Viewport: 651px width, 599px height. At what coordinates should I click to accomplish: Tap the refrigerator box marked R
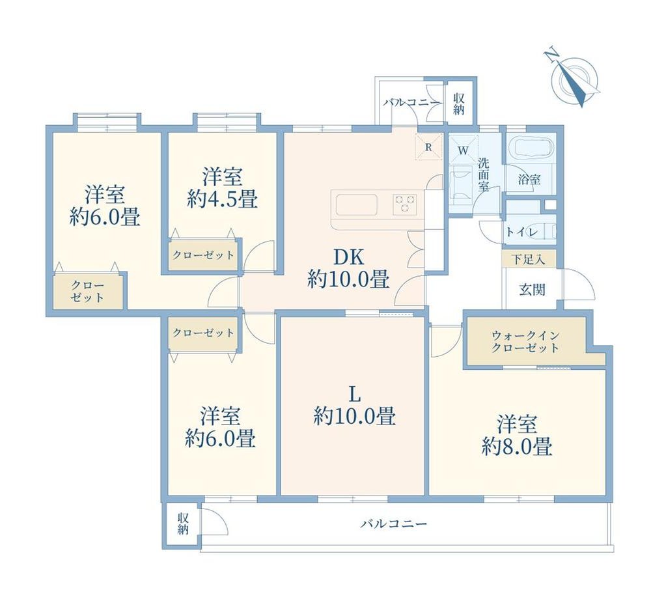[x=429, y=147]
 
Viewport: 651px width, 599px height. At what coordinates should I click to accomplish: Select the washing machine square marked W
[x=464, y=150]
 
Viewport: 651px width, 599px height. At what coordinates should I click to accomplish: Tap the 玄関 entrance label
[x=533, y=290]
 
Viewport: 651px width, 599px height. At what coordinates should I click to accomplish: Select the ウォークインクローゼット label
[x=525, y=341]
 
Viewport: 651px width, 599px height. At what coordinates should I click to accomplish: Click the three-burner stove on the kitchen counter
[x=405, y=204]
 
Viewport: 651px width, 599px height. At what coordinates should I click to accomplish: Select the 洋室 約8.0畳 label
[x=518, y=436]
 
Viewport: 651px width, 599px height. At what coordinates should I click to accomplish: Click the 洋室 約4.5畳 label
[x=223, y=188]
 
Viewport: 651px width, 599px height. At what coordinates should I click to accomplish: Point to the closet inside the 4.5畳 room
[x=203, y=254]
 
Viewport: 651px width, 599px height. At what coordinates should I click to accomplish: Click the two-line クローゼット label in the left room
[x=88, y=292]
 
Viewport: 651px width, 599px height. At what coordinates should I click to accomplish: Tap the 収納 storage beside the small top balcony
[x=459, y=104]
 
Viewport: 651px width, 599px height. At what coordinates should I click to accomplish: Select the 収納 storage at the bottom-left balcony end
[x=183, y=524]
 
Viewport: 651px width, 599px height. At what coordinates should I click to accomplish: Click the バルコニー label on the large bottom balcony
[x=394, y=524]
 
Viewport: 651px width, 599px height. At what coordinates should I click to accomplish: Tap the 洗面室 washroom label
[x=483, y=174]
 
